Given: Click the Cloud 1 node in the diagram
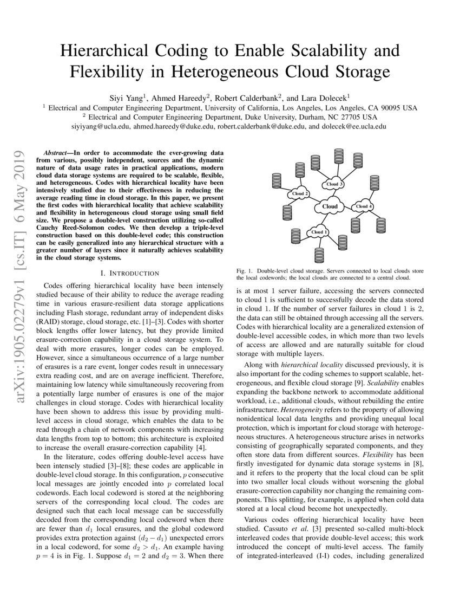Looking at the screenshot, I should (318, 232).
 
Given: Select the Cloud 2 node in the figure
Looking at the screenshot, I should (300, 193).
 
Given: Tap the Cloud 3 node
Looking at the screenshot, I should (332, 184).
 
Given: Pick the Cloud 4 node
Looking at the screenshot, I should (364, 206).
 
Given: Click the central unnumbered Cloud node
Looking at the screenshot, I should (330, 206).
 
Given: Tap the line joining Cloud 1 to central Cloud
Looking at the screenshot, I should (324, 219).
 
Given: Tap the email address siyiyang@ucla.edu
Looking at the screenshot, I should (101, 126).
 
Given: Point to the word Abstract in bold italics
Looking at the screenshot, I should (54, 153).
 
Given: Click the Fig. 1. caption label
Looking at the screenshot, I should (245, 270).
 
